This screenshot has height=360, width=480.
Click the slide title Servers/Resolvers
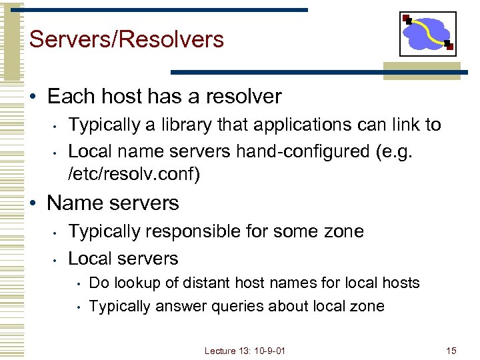click(x=127, y=40)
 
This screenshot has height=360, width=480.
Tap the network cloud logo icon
click(x=427, y=33)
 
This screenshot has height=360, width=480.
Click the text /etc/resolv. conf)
click(x=134, y=175)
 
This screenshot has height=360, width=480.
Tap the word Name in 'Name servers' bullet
click(x=72, y=203)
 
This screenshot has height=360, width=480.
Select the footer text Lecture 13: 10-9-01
click(x=245, y=351)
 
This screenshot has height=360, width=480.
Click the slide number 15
click(x=451, y=351)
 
